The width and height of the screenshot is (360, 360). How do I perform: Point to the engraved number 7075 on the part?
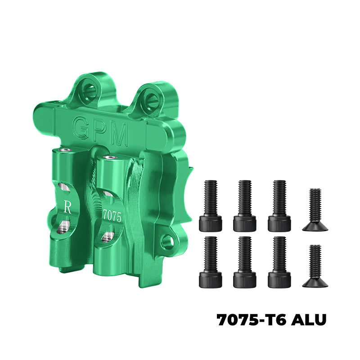[112, 216]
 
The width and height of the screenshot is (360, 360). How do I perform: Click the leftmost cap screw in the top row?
[210, 205]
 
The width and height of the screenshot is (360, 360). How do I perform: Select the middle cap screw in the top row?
[245, 205]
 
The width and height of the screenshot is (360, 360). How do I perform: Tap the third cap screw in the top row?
[279, 205]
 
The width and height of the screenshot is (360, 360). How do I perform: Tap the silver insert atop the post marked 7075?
[108, 157]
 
